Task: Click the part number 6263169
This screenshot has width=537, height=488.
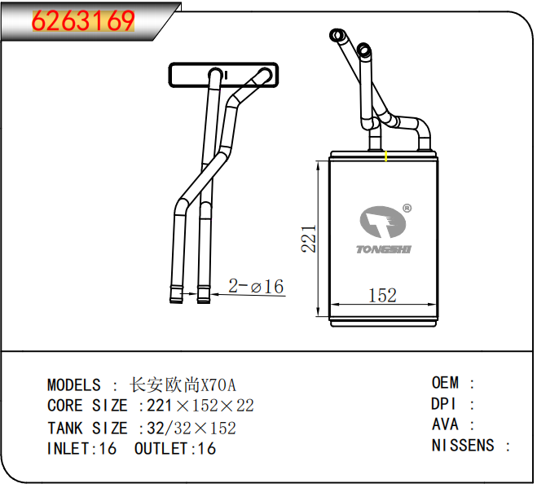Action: click(x=82, y=21)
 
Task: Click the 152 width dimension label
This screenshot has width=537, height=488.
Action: click(x=382, y=295)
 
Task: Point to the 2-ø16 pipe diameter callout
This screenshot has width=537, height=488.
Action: click(x=256, y=286)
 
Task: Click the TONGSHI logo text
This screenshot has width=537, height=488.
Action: click(x=384, y=248)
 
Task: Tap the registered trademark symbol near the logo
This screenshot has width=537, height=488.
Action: click(x=407, y=209)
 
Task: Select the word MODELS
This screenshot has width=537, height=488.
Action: click(x=73, y=385)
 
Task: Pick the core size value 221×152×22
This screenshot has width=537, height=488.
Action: click(x=200, y=406)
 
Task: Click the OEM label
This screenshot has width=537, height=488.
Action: click(x=446, y=383)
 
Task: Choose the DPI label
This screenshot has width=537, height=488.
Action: click(x=444, y=404)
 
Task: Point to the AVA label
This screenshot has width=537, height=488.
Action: click(x=445, y=424)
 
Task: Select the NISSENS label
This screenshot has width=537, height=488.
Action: click(x=463, y=446)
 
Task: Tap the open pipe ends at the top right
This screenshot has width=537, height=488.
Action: click(x=349, y=44)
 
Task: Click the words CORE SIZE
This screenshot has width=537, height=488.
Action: click(x=87, y=406)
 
